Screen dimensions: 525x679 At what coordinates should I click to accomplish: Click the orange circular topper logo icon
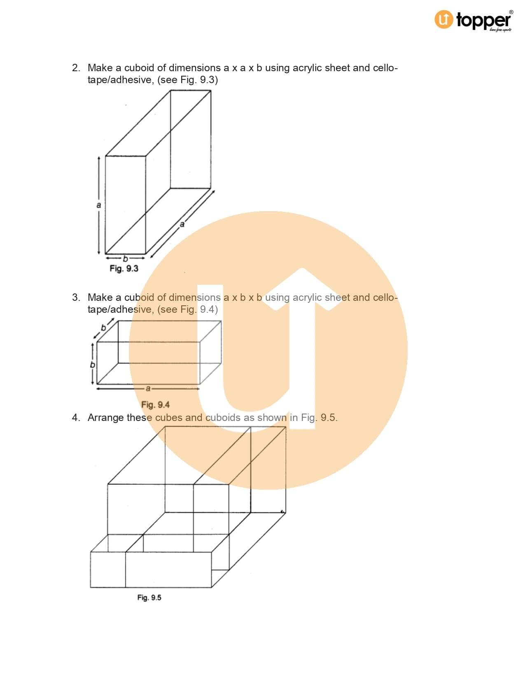pos(443,19)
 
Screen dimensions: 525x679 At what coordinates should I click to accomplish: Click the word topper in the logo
pos(483,21)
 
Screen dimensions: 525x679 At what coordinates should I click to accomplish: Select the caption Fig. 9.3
pos(124,268)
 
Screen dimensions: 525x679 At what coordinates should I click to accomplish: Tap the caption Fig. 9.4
pos(155,405)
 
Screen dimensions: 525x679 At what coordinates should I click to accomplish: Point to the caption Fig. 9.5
pos(149,598)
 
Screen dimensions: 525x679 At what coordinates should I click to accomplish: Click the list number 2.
pos(76,68)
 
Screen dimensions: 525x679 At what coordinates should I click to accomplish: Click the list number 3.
pos(76,297)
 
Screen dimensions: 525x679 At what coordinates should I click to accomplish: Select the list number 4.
pos(76,417)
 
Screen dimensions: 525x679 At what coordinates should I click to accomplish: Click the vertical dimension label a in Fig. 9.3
pos(99,205)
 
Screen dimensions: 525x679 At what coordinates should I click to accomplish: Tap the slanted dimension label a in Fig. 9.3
pos(182,224)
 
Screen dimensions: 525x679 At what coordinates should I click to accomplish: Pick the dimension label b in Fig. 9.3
pos(126,258)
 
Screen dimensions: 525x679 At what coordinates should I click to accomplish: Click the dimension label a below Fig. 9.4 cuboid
pos(148,388)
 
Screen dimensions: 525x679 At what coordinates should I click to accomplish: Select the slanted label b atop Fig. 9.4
pos(103,328)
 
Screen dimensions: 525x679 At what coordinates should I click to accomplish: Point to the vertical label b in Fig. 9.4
pos(93,364)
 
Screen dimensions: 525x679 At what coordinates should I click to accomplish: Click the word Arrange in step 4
pos(105,418)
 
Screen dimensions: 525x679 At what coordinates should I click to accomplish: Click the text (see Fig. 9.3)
pos(188,80)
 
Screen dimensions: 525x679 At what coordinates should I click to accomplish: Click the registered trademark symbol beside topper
pos(511,12)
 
